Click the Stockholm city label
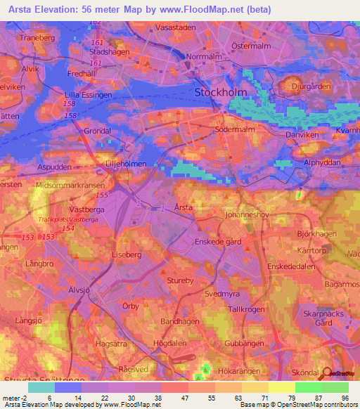click(x=221, y=92)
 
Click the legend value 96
click(x=344, y=398)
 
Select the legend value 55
click(x=200, y=398)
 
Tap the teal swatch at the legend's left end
click(x=41, y=387)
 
